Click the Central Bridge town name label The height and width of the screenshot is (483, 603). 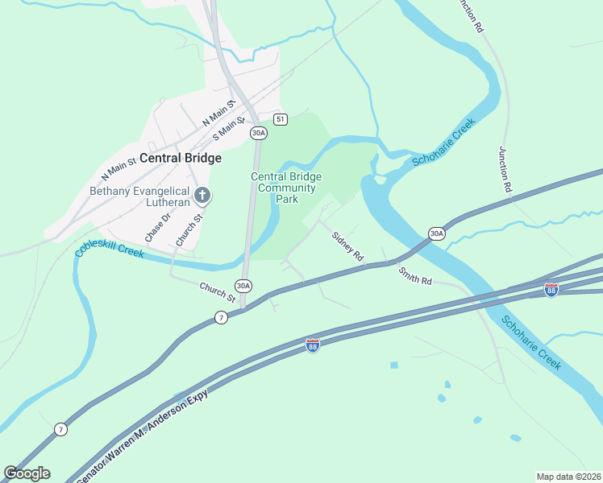[x=181, y=159]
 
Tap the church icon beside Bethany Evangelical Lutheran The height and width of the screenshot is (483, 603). [x=202, y=194]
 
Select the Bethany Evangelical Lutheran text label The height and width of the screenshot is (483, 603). [x=139, y=197]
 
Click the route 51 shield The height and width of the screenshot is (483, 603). [x=280, y=119]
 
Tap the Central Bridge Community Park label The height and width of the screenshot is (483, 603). [x=286, y=188]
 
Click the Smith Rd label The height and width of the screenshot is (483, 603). [x=414, y=276]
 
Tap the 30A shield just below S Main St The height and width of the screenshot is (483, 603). [x=257, y=132]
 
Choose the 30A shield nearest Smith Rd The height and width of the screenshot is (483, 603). [x=436, y=233]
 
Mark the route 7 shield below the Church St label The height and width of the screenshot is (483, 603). [x=221, y=317]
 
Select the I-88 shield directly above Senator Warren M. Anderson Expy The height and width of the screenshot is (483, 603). [x=313, y=345]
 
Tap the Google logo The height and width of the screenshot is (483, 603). [x=27, y=473]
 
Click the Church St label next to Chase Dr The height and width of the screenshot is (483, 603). [x=187, y=229]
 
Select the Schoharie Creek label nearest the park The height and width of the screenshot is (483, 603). [x=443, y=143]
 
